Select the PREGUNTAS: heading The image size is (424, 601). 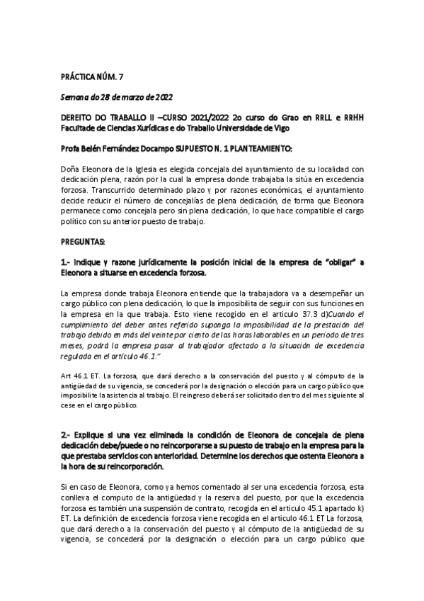pos(83,241)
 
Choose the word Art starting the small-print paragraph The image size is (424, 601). pos(67,376)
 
